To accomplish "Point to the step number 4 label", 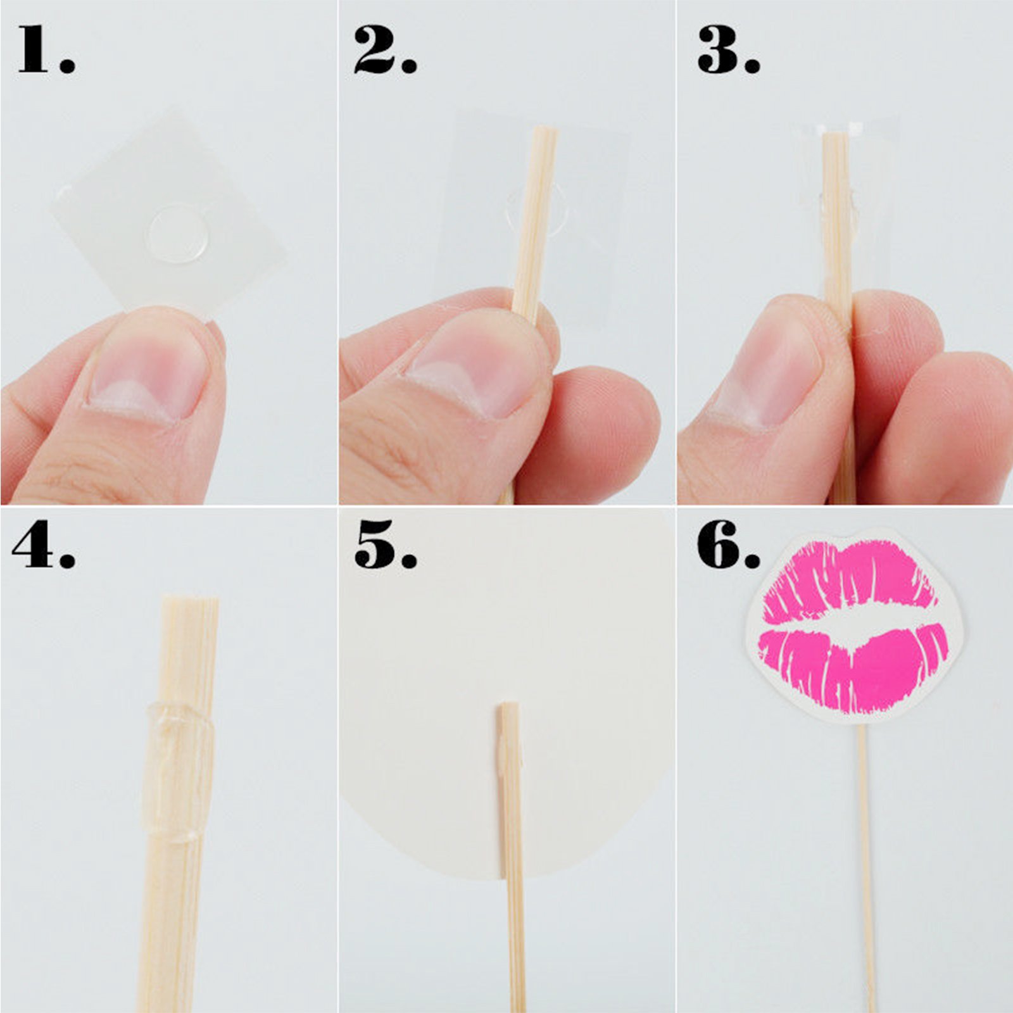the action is tap(44, 544).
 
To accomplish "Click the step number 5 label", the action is tap(385, 544).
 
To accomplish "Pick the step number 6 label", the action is tap(728, 544).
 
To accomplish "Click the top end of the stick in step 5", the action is tap(508, 705).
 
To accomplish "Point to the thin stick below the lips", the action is tap(866, 867).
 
